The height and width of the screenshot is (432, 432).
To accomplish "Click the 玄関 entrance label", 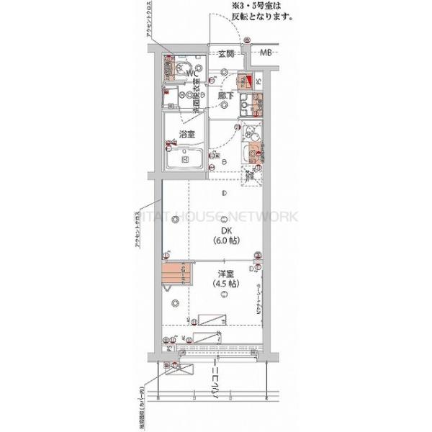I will click(x=225, y=53).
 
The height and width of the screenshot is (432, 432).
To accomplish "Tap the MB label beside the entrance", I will click(x=266, y=53).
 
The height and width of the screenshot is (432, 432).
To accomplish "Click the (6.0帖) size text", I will click(x=225, y=243).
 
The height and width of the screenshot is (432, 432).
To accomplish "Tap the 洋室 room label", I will click(x=225, y=274).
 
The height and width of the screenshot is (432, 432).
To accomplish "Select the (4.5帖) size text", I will click(x=225, y=285).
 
